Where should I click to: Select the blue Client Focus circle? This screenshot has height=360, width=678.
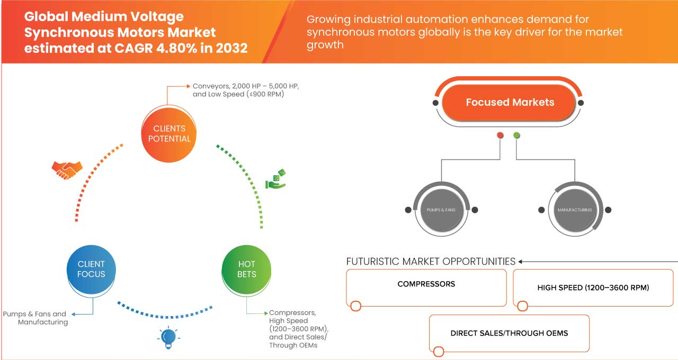pyautogui.click(x=91, y=269)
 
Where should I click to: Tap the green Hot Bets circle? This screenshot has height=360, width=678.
pyautogui.click(x=247, y=269)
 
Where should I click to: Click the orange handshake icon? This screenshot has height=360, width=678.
pyautogui.click(x=67, y=169)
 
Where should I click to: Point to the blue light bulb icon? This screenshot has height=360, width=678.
pyautogui.click(x=168, y=337)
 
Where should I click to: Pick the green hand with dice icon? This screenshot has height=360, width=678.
pyautogui.click(x=275, y=179)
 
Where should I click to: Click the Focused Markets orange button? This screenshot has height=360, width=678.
pyautogui.click(x=510, y=103)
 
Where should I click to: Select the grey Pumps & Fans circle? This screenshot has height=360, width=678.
pyautogui.click(x=441, y=210)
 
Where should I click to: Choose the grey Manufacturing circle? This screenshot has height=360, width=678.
pyautogui.click(x=574, y=210)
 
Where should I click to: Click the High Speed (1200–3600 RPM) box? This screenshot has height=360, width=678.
pyautogui.click(x=592, y=288)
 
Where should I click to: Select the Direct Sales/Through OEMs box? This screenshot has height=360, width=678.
pyautogui.click(x=509, y=333)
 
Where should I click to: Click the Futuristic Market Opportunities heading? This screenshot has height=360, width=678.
pyautogui.click(x=431, y=262)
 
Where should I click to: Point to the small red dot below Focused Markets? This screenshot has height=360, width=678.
pyautogui.click(x=500, y=136)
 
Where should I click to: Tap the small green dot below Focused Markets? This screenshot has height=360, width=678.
pyautogui.click(x=516, y=136)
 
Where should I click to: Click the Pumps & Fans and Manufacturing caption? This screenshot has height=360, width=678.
pyautogui.click(x=35, y=318)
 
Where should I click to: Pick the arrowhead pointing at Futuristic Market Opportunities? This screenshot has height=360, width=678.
pyautogui.click(x=521, y=262)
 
